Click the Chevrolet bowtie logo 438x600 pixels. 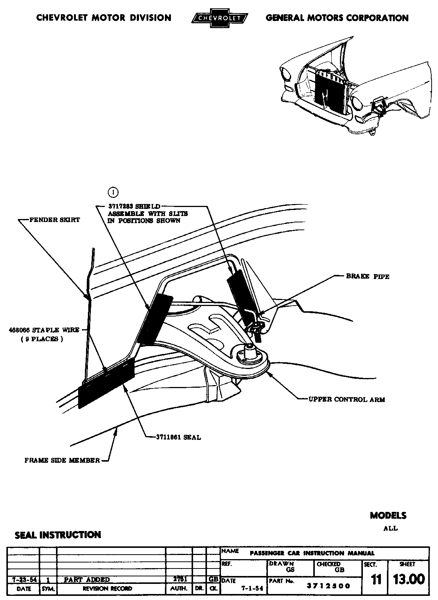[219, 18]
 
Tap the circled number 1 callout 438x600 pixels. [113, 192]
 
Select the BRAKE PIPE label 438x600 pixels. [367, 277]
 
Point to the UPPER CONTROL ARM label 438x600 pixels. [346, 400]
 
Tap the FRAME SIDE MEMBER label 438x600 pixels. [62, 460]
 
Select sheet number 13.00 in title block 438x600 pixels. [409, 579]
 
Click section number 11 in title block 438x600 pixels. [376, 580]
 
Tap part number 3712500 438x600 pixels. [328, 586]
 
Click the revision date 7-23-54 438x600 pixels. [23, 579]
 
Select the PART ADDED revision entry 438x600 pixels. [87, 579]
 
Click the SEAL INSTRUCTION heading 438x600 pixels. [58, 535]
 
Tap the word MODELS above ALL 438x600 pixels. [388, 515]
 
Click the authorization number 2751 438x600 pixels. [179, 579]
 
